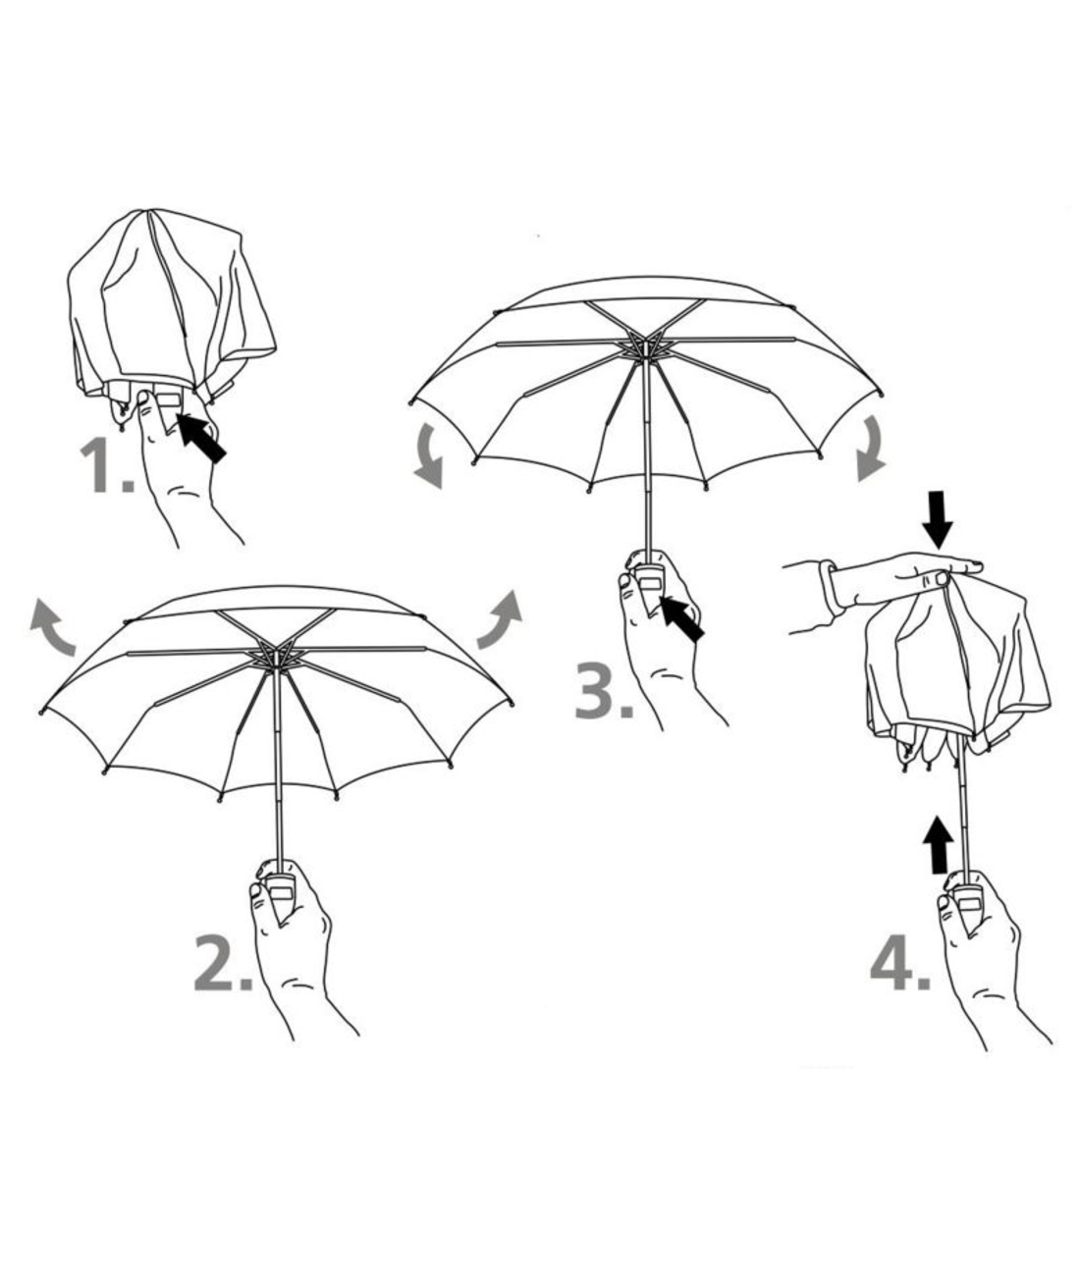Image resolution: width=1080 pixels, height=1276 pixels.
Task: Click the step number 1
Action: (x=106, y=465)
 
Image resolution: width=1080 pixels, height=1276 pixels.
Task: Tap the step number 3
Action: (x=604, y=691)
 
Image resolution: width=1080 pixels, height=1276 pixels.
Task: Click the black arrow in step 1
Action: (x=201, y=438)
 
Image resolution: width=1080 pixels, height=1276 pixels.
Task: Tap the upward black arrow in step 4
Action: (x=939, y=845)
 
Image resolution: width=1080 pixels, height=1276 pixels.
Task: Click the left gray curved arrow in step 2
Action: (x=51, y=624)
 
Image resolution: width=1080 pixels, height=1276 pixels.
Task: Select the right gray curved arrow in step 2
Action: (x=500, y=619)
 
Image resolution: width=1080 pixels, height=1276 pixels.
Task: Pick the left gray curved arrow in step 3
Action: (x=429, y=456)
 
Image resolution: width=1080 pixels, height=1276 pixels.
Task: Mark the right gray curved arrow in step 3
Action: (x=871, y=448)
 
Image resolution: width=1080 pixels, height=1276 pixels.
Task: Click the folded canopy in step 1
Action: (x=172, y=303)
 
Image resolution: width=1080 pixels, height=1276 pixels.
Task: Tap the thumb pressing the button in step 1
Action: (x=148, y=413)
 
